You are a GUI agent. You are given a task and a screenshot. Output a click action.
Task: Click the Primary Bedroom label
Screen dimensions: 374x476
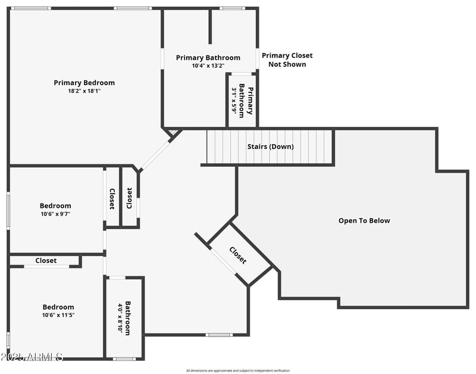click(84, 83)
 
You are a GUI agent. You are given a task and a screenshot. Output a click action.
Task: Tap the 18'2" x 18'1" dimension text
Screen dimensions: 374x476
click(84, 91)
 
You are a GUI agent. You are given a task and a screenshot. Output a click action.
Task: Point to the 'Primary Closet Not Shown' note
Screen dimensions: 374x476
click(287, 60)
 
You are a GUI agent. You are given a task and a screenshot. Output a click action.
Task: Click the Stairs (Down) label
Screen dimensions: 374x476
click(270, 147)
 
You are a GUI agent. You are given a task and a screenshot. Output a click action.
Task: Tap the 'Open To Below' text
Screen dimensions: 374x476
click(364, 221)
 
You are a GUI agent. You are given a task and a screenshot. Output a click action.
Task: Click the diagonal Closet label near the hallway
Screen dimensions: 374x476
click(237, 255)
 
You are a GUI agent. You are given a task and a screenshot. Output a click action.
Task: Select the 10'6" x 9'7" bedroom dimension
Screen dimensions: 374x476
click(55, 214)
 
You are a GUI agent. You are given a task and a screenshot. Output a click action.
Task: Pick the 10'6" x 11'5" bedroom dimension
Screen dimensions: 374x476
click(58, 315)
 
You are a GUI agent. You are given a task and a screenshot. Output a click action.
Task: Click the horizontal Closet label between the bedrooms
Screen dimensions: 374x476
click(46, 261)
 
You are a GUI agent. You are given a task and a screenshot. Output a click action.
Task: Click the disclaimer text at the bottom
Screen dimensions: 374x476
click(238, 370)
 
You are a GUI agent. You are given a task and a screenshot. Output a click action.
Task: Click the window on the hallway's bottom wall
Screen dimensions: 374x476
click(219, 335)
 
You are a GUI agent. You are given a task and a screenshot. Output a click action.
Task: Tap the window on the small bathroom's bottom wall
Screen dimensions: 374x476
click(124, 359)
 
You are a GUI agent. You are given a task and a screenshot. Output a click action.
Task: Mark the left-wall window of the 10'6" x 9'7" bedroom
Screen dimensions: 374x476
click(8, 210)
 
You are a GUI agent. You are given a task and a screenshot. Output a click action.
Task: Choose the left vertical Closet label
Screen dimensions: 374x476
click(112, 199)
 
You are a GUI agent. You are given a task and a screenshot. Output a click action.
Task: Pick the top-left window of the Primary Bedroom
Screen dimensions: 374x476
click(32, 8)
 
